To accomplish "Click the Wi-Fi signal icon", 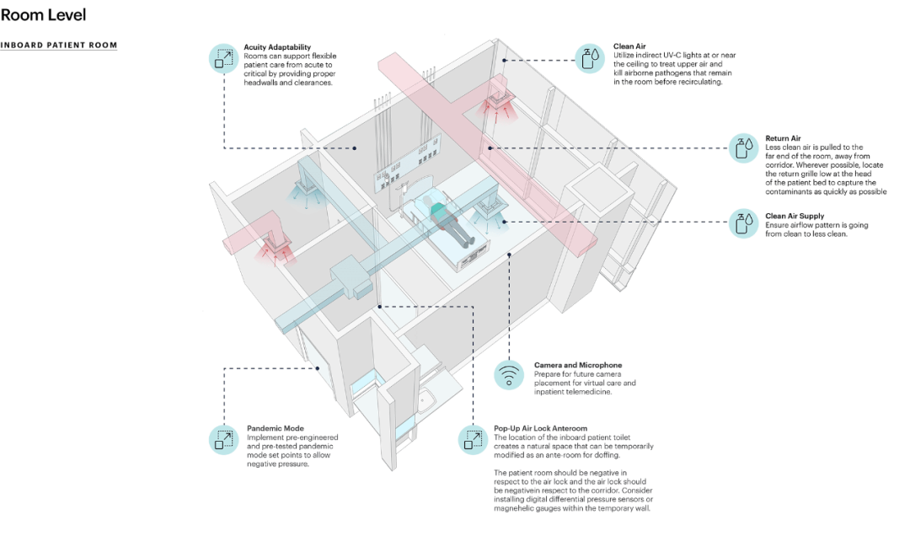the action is (x=508, y=375).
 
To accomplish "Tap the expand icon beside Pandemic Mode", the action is (x=224, y=440).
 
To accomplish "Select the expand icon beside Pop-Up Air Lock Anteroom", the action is (x=474, y=440).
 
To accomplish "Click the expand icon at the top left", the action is (x=224, y=58).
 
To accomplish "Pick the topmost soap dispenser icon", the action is (x=590, y=59).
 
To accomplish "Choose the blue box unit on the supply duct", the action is (x=350, y=277).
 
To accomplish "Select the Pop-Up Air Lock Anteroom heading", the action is (x=540, y=429).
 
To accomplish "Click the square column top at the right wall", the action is (x=602, y=181).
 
